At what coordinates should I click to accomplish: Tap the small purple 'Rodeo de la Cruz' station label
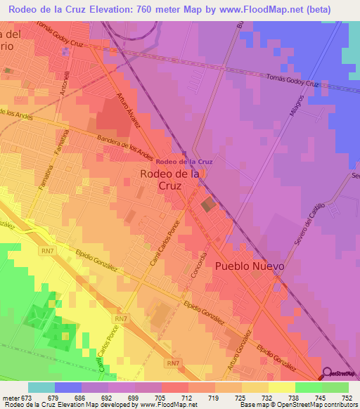point(185,162)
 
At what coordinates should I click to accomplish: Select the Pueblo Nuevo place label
point(250,266)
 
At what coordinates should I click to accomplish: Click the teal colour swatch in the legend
point(41,387)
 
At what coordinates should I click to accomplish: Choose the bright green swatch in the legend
point(335,387)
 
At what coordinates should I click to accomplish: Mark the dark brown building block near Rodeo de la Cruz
point(208,205)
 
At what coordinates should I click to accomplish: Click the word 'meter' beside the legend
point(10,397)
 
